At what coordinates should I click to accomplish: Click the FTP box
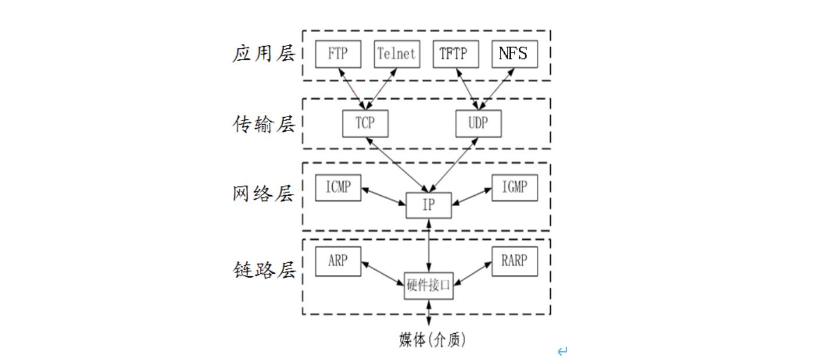point(338,54)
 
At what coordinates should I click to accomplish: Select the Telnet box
point(396,54)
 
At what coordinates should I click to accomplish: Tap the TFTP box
point(456,54)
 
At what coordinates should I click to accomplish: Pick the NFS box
point(514,54)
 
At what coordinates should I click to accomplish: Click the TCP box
point(365,123)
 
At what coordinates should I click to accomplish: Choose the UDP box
point(478,123)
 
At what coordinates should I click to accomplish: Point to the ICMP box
point(338,188)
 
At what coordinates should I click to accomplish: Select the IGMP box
point(514,188)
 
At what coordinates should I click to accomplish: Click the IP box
point(428,206)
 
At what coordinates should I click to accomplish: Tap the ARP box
point(338,261)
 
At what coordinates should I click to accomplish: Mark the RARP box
point(514,261)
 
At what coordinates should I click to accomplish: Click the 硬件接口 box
point(428,285)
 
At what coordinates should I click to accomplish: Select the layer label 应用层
point(264,54)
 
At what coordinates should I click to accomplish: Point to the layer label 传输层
point(264,124)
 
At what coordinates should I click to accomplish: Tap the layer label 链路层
point(264,270)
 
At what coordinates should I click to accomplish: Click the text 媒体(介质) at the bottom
point(432,340)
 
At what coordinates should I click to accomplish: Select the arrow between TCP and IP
point(396,165)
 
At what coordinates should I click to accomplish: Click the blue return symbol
point(562,351)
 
